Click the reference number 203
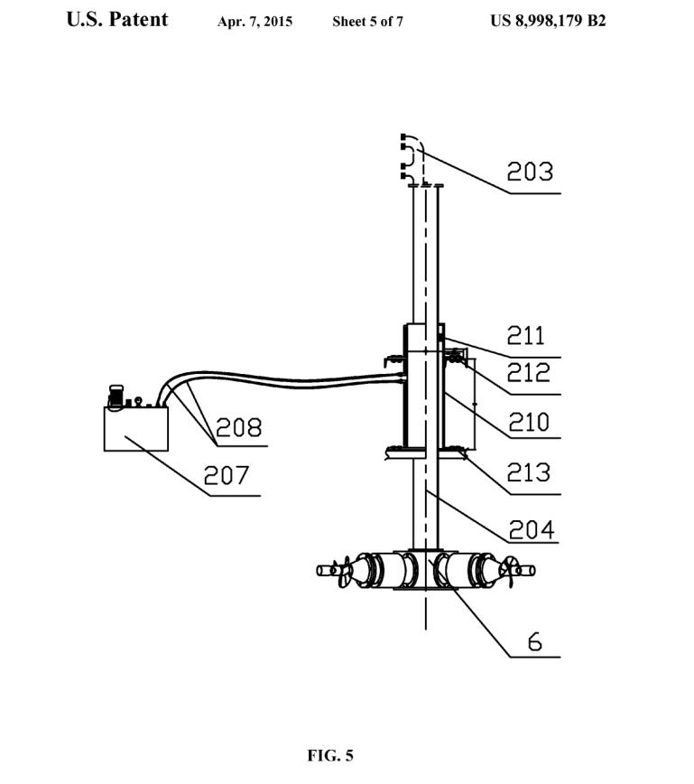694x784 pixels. (530, 172)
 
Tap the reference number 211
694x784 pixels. (525, 335)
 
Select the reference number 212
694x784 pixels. (529, 373)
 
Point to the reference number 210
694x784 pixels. (529, 422)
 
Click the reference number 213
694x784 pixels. (529, 472)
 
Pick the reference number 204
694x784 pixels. (532, 530)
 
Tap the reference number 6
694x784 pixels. (534, 642)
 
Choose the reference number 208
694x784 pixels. (238, 428)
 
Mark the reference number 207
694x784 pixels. (227, 475)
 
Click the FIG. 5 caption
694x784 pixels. (330, 755)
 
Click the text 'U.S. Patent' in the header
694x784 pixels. (117, 20)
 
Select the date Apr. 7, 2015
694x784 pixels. (254, 22)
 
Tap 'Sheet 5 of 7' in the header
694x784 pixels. (367, 22)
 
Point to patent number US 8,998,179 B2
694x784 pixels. (548, 21)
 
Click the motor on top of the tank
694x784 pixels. (116, 397)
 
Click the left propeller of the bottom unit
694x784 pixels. (345, 572)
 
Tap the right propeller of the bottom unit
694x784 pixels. (508, 572)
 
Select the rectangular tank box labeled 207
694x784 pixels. (136, 429)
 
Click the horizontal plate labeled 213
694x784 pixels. (426, 453)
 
